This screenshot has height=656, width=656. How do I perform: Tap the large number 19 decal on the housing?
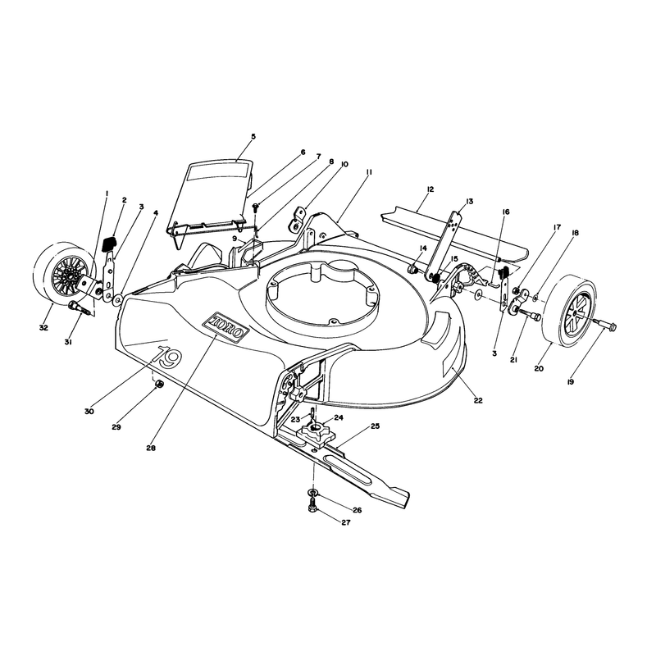click(x=167, y=357)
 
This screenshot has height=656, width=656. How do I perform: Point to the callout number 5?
click(x=253, y=136)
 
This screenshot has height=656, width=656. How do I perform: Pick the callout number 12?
click(x=430, y=189)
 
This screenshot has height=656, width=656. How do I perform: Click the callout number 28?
click(x=151, y=448)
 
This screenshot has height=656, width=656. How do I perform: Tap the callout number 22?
click(x=478, y=400)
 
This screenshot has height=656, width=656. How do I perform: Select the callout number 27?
click(x=346, y=522)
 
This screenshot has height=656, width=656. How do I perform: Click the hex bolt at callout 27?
click(x=312, y=505)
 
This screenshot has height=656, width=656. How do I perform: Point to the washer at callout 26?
click(x=313, y=490)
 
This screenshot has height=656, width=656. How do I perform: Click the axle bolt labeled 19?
click(x=604, y=323)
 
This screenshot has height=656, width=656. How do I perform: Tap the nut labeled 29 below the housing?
click(x=159, y=385)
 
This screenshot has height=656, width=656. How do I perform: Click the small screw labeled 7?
click(x=255, y=206)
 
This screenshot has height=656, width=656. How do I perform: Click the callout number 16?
click(x=506, y=212)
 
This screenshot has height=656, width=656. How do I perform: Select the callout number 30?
click(x=89, y=412)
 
